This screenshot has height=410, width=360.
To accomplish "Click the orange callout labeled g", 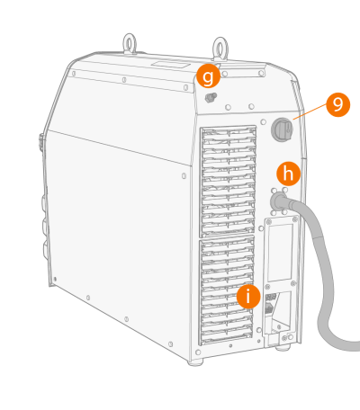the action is tap(208, 76).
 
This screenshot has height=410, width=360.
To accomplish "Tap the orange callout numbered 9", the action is tap(338, 104).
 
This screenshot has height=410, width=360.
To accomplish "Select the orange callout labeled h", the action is tap(288, 174).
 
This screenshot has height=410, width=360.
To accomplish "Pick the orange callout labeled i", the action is tap(248, 297).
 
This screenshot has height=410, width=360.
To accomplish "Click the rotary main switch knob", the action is tap(282, 129).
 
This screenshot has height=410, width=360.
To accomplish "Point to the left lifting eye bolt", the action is tap(130, 44).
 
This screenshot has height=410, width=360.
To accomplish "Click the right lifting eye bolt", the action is tap(220, 49).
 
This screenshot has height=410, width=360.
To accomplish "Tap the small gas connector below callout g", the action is tap(211, 97).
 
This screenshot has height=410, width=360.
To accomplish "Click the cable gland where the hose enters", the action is tap(279, 201).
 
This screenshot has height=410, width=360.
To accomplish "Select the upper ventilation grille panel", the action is tap(228, 181).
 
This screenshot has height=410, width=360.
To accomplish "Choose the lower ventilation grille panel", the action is tap(227, 290).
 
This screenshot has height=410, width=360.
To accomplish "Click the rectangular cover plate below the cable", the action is tap(280, 253).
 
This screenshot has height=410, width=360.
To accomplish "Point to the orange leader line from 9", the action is tap(310, 111).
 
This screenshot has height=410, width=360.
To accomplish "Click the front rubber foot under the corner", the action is tap(195, 362).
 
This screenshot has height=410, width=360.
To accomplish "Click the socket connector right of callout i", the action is tap(270, 303).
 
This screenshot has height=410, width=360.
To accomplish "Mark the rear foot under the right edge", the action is tap(283, 348).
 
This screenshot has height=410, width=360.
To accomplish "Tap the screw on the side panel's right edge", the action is tap(184, 176).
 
